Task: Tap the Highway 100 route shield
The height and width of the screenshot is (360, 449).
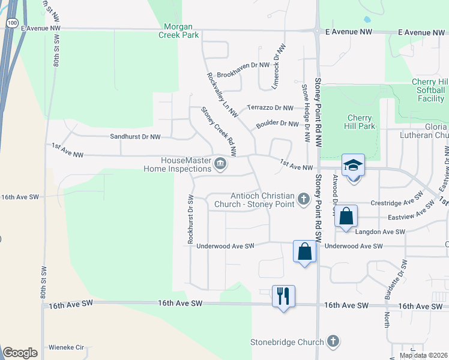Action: pos(11,22)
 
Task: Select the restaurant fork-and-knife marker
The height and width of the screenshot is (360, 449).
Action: pos(283,296)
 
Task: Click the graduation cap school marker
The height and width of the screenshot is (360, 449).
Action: pos(354,165)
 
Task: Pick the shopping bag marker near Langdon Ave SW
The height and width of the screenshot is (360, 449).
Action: pos(346,217)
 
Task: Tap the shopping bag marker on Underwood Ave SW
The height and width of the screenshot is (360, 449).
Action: pos(304,251)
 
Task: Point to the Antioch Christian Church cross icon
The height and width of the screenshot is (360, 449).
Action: pos(304,199)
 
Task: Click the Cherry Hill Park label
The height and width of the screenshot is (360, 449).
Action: pos(361,122)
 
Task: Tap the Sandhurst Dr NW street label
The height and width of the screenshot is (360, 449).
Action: pos(135,137)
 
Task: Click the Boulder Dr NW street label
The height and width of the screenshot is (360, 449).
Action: pos(277,124)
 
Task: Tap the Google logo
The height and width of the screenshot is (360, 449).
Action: pos(20,353)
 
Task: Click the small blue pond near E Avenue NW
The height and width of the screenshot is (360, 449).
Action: pos(367,19)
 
